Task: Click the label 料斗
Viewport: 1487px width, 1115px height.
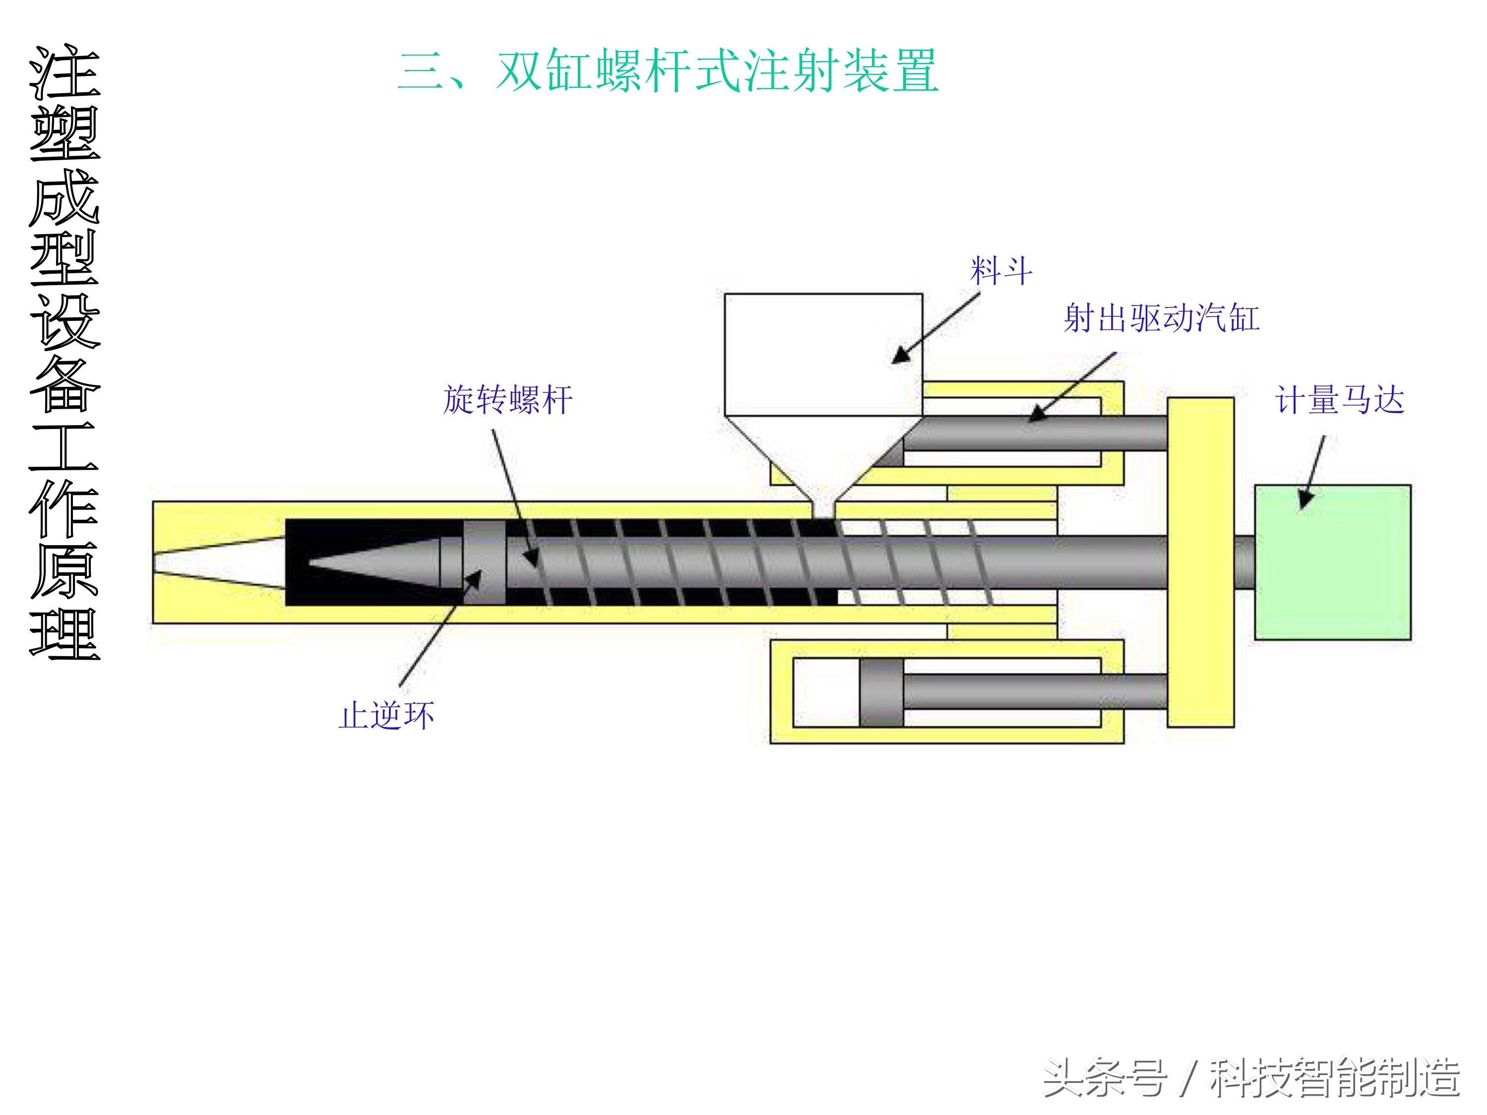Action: point(1001,271)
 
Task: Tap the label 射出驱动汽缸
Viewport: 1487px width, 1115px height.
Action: point(1161,318)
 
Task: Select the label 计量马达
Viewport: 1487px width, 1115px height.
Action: point(1339,400)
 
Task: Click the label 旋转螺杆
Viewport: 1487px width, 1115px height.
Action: point(507,400)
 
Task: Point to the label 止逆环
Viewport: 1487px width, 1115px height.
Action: point(386,715)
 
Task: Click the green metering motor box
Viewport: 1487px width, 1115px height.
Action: point(1332,562)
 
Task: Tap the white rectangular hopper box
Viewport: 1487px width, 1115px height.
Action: point(823,354)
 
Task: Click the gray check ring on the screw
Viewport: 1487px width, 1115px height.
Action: point(484,562)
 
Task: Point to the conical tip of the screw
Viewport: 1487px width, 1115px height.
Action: point(376,562)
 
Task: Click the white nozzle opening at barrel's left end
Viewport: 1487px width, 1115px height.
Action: point(215,562)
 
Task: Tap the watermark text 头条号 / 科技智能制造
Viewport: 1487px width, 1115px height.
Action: point(1251,1077)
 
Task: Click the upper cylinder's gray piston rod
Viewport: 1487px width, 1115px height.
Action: point(1035,434)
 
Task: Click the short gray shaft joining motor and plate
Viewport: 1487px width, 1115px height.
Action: point(1243,562)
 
